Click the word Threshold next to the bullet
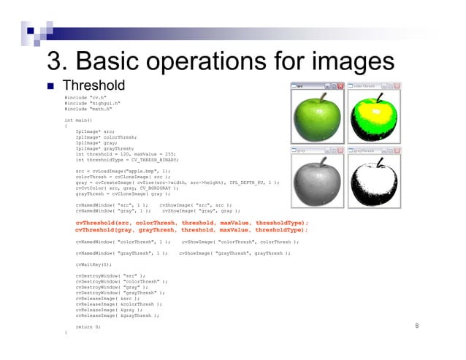[94, 85]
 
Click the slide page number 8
[416, 327]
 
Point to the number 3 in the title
[54, 60]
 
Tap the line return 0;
[88, 327]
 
